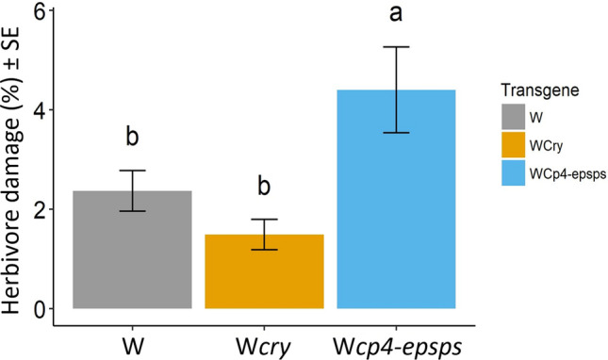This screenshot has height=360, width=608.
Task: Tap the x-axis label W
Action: [x=132, y=341]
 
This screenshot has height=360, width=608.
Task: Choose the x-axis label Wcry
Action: [x=265, y=341]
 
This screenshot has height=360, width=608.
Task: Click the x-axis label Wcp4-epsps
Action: [x=397, y=341]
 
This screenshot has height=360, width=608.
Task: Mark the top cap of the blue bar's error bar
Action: [x=397, y=46]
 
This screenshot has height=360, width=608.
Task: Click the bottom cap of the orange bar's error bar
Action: [x=265, y=250]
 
